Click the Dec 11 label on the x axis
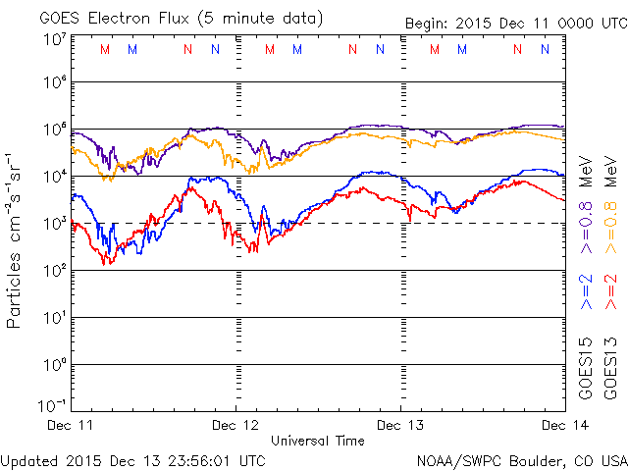point(70,425)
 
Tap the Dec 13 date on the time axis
point(400,425)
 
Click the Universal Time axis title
point(317,441)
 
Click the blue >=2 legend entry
point(586,292)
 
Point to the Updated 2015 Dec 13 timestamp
point(132,459)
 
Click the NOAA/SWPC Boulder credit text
point(521,459)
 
